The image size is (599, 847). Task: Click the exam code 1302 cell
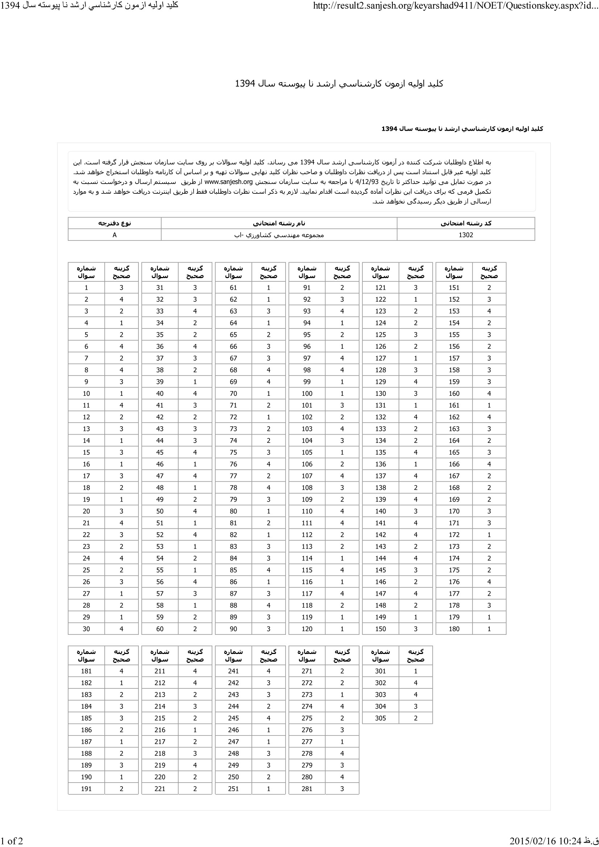coord(466,235)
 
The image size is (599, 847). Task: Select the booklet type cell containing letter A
coord(115,235)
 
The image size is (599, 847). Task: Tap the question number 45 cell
coord(160,452)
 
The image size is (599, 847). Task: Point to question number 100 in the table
coord(307,393)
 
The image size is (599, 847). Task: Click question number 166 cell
coord(454,464)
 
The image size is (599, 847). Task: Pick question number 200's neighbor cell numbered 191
coord(86,788)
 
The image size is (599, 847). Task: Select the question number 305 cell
coord(380,718)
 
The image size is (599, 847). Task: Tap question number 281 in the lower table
coord(307,788)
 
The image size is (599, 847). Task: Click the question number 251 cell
coord(233,788)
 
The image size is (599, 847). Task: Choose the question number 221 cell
coord(160,788)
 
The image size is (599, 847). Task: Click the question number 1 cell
coord(86,288)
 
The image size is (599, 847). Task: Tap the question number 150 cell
coord(380,629)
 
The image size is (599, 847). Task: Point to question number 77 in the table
coord(233,476)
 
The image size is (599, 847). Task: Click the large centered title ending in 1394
coord(339,84)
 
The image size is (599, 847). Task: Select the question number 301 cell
coord(380,671)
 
